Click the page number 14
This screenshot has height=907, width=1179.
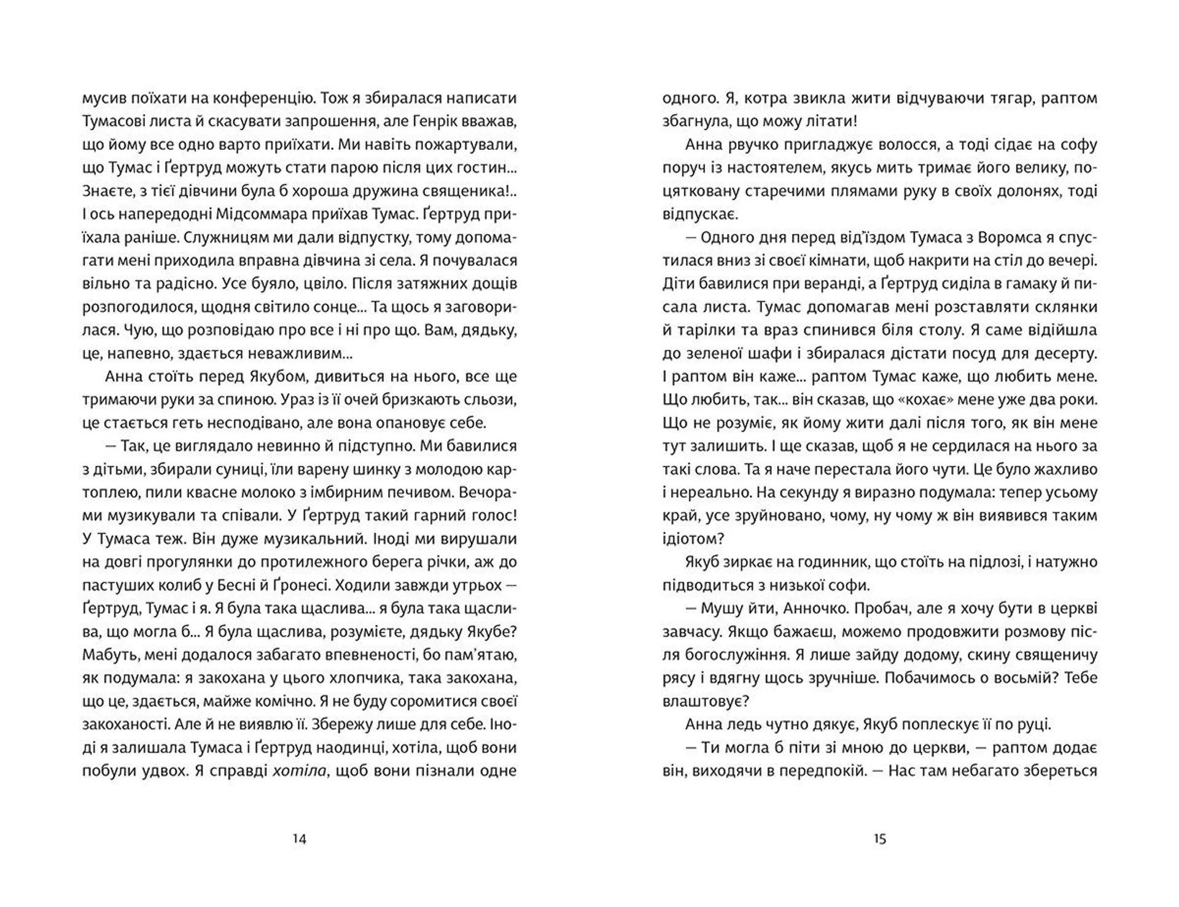point(299,839)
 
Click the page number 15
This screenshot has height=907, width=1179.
point(880,839)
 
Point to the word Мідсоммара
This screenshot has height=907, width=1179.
point(261,214)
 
